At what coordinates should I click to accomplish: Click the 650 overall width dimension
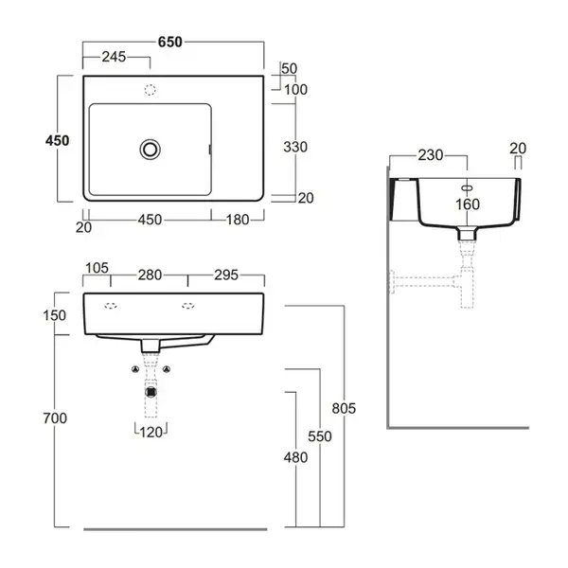pyautogui.click(x=169, y=42)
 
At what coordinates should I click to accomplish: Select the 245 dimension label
pyautogui.click(x=114, y=57)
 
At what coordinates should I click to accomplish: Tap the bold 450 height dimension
pyautogui.click(x=57, y=140)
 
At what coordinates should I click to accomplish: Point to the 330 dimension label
pyautogui.click(x=295, y=147)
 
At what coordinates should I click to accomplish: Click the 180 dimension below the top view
pyautogui.click(x=238, y=220)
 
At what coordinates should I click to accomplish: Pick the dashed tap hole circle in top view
pyautogui.click(x=150, y=90)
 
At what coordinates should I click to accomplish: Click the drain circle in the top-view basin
pyautogui.click(x=150, y=150)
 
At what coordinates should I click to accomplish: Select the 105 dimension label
pyautogui.click(x=97, y=268)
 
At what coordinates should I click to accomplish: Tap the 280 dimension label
pyautogui.click(x=150, y=275)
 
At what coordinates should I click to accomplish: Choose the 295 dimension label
pyautogui.click(x=226, y=275)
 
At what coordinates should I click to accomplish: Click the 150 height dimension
pyautogui.click(x=55, y=315)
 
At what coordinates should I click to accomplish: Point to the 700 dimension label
pyautogui.click(x=55, y=418)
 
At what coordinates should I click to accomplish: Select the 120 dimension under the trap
pyautogui.click(x=151, y=433)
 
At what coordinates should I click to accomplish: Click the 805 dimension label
pyautogui.click(x=344, y=409)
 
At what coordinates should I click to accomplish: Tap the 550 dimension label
pyautogui.click(x=320, y=436)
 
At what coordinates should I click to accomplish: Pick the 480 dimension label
pyautogui.click(x=295, y=457)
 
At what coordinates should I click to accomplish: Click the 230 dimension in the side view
pyautogui.click(x=431, y=155)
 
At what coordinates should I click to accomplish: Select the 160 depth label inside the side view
pyautogui.click(x=468, y=204)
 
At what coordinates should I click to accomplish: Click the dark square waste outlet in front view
pyautogui.click(x=151, y=392)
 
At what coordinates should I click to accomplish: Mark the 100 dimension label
pyautogui.click(x=295, y=90)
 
